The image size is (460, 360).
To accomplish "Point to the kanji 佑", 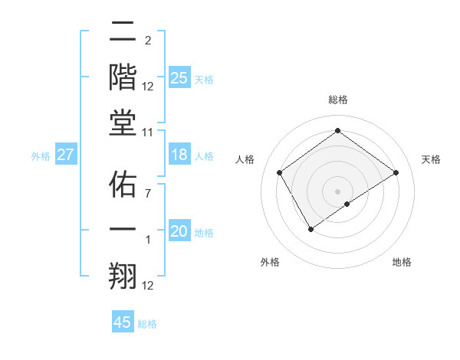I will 123,185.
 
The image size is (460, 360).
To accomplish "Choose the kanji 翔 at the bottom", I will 123,273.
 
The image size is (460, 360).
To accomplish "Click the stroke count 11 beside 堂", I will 148,133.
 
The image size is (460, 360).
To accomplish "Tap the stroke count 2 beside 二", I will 147,41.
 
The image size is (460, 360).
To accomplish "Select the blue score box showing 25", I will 179,78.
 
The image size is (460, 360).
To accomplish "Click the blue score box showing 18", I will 179,155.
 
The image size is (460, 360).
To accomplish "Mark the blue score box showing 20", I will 179,232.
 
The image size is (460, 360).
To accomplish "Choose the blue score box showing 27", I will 65,155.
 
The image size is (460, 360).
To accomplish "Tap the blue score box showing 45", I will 123,322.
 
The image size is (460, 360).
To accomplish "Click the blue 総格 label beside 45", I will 147,324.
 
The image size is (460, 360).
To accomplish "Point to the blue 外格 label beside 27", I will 41,156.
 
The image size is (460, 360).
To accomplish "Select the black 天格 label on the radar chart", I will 431,159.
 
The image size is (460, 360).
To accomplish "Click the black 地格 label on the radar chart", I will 402,262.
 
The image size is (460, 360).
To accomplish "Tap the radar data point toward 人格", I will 280,172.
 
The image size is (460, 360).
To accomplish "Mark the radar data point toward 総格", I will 337,130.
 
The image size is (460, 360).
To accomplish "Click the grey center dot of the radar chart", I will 337,190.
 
